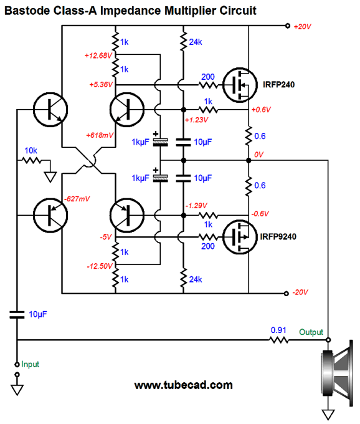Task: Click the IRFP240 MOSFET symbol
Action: [240, 85]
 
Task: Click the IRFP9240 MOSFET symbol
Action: [240, 237]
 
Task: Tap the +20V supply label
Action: [303, 26]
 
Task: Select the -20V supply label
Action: [300, 292]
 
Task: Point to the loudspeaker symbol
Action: [337, 373]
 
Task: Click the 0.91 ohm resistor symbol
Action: [279, 340]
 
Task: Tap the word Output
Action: [311, 332]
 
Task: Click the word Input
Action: [31, 364]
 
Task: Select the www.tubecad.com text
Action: [183, 385]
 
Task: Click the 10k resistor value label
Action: [31, 151]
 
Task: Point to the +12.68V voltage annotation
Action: [98, 55]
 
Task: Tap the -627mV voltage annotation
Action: [77, 199]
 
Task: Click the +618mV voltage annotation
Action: [100, 135]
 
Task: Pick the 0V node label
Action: [258, 155]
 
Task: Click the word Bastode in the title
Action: [27, 11]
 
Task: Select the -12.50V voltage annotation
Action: [100, 266]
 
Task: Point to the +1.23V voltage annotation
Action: [197, 120]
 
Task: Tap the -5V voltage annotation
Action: [106, 237]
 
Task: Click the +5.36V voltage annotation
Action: [101, 85]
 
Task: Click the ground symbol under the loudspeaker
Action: [328, 415]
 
